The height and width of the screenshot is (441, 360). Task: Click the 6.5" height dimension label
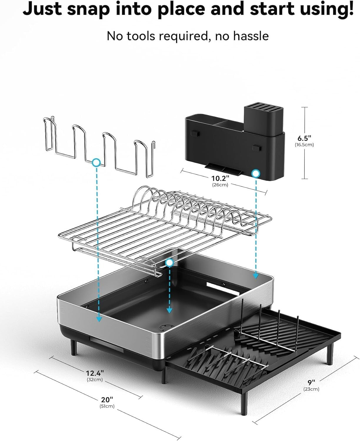pos(304,138)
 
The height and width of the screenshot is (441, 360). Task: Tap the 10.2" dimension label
pos(220,178)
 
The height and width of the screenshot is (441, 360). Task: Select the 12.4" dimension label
pos(95,373)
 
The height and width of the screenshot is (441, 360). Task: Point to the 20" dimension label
pos(107,400)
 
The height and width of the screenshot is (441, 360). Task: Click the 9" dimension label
pos(311,382)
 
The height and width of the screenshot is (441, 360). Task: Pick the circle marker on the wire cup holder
pos(96,162)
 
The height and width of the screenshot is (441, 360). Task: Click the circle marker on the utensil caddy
pos(256,173)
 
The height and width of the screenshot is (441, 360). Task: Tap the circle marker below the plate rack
pos(169,263)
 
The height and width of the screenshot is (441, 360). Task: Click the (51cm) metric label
pos(107,406)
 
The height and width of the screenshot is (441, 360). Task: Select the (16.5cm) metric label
pos(304,145)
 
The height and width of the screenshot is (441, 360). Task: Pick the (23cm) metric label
pos(311,389)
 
